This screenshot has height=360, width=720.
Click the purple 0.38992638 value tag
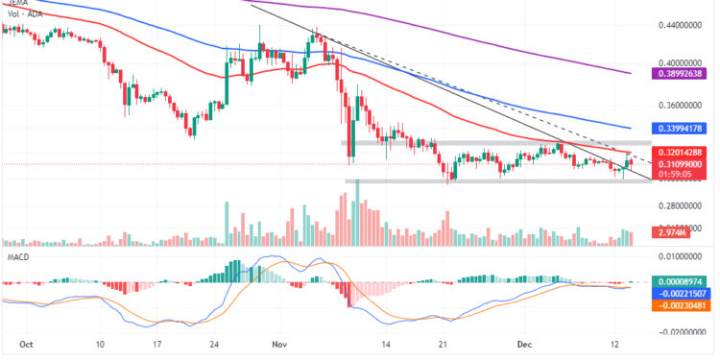click(x=683, y=72)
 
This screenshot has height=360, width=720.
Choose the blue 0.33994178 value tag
click(x=683, y=127)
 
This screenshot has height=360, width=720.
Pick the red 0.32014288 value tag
click(x=683, y=152)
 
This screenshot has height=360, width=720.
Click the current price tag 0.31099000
click(x=683, y=164)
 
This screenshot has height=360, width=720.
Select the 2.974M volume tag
click(x=670, y=232)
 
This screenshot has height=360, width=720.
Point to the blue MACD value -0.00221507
click(x=683, y=292)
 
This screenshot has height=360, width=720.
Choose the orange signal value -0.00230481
click(x=683, y=304)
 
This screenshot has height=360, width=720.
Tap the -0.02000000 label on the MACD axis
click(x=683, y=331)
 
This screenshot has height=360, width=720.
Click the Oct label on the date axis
click(x=26, y=344)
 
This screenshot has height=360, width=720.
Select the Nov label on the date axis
click(x=279, y=344)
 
